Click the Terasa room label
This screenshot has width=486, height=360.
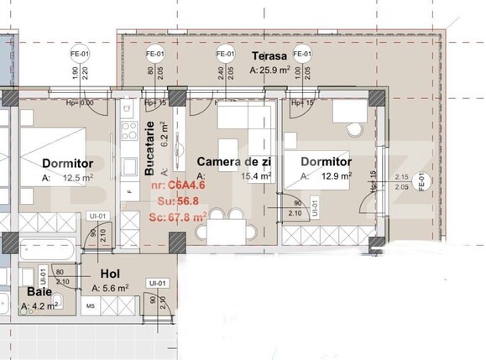(269, 56)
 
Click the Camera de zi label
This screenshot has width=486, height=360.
(233, 161)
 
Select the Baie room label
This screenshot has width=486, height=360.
(39, 292)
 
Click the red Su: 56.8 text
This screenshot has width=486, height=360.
(170, 201)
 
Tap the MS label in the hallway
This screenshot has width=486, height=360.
(90, 308)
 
